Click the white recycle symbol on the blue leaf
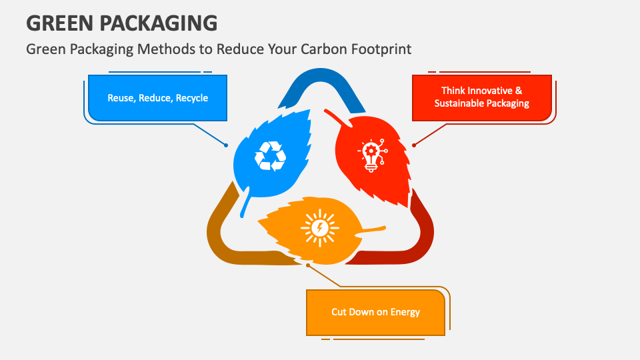click(x=270, y=156)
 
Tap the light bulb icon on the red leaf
click(x=372, y=156)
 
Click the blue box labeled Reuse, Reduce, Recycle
click(x=157, y=98)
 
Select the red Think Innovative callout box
click(x=481, y=97)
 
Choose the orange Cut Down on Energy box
click(x=375, y=312)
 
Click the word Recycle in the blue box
click(x=192, y=98)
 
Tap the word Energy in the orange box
click(x=406, y=312)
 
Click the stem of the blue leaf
click(x=245, y=205)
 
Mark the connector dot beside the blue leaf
click(x=227, y=145)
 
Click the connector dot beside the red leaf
click(x=413, y=145)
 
